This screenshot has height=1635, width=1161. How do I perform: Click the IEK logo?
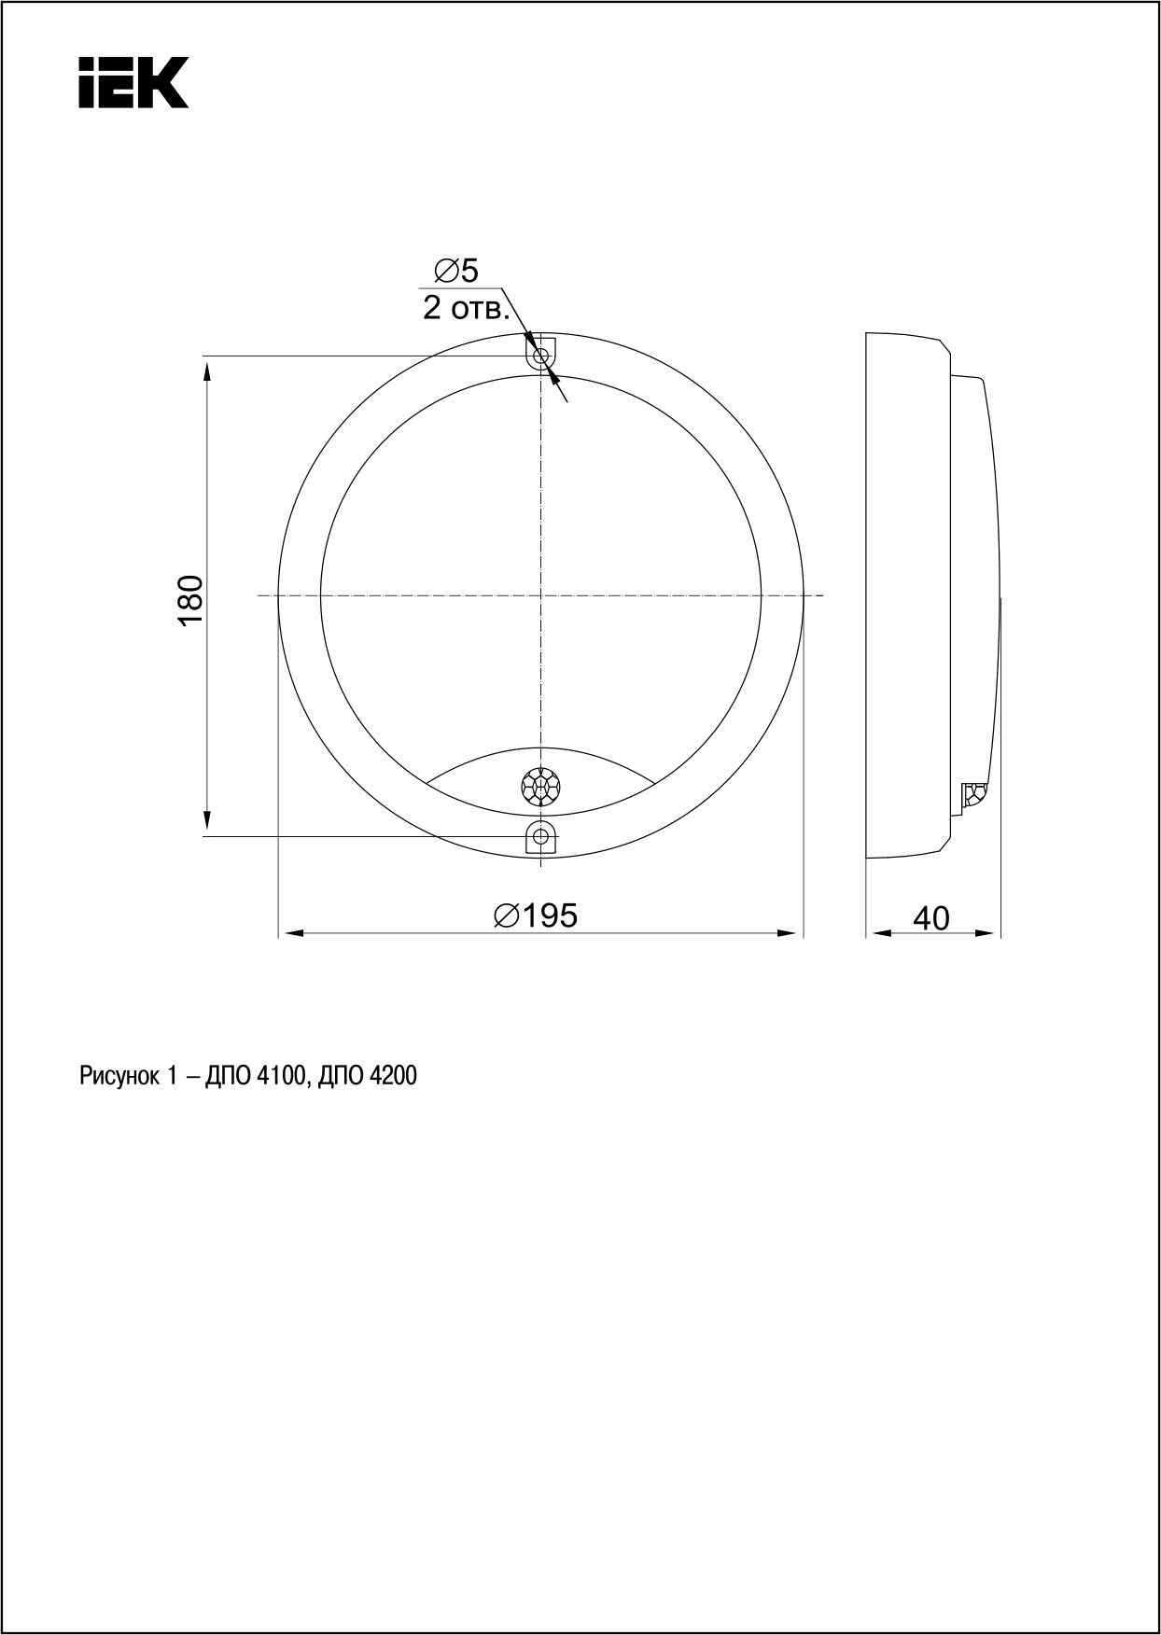click(133, 82)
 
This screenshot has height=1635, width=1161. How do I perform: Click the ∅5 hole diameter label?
click(455, 272)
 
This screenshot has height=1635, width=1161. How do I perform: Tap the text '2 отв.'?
click(466, 308)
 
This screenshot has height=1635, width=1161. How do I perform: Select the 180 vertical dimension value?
click(190, 601)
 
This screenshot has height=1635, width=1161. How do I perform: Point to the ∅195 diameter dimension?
click(536, 915)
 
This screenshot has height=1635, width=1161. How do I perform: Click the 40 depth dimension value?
click(930, 918)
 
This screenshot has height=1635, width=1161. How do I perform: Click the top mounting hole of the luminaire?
click(540, 356)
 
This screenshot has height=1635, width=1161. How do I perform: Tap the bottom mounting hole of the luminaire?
click(540, 836)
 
